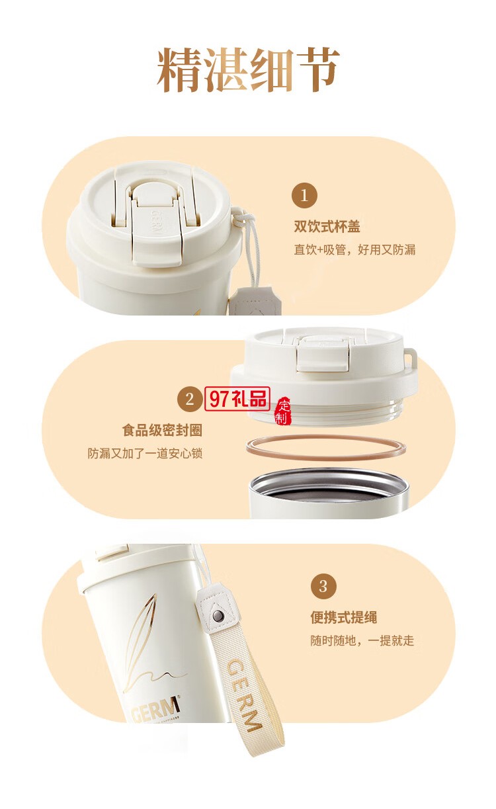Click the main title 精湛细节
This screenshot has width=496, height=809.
pos(248,70)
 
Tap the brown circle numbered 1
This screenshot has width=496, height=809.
pos(304,195)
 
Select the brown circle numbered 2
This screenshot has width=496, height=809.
pos(190,399)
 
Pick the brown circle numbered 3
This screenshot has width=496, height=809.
pos(323,586)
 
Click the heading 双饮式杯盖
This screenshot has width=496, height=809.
pos(327,227)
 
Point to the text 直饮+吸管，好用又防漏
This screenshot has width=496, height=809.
pos(354,250)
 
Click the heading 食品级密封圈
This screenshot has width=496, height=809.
pos(162,431)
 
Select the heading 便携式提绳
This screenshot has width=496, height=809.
pos(343,618)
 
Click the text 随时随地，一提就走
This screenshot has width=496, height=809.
pos(362,640)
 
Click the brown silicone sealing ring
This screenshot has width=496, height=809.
pos(325,448)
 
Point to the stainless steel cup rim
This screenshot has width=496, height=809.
pos(325,478)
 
